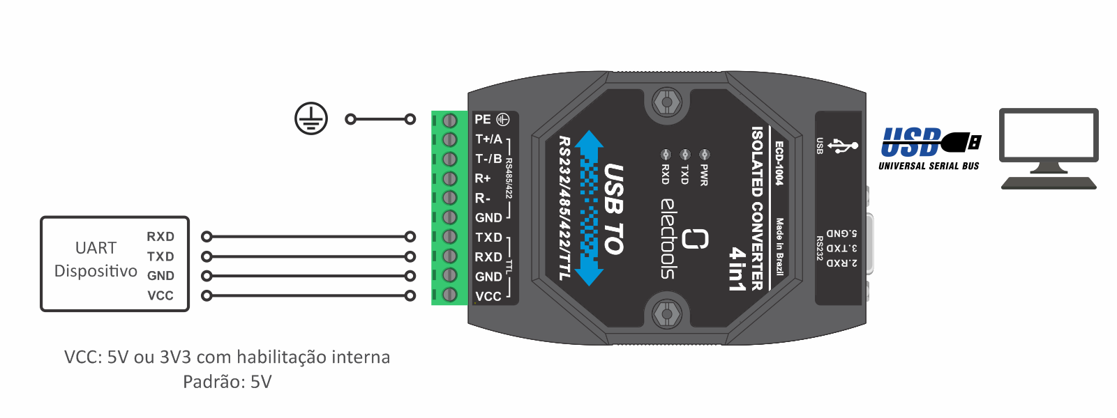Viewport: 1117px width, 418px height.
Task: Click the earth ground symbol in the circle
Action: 311,118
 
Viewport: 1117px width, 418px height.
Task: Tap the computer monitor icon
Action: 1049,148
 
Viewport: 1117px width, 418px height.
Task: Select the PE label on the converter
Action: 483,119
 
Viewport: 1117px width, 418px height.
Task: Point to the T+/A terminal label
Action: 488,139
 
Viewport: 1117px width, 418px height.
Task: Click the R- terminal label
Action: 483,199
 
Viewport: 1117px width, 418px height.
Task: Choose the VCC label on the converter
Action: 488,296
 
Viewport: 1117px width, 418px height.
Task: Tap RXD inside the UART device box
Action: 160,237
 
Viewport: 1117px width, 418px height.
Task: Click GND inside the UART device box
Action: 160,276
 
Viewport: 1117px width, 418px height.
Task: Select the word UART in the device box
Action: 96,248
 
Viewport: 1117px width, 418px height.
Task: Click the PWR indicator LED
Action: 705,154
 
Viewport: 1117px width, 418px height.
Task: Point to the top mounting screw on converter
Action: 667,102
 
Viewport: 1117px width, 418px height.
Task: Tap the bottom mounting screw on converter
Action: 667,314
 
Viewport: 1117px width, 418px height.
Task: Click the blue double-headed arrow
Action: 590,208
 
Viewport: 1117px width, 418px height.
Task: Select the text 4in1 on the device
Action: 737,268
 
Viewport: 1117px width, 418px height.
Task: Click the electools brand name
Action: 668,239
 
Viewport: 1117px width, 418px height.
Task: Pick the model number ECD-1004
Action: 779,164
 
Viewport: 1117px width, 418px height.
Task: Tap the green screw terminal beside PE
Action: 449,120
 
